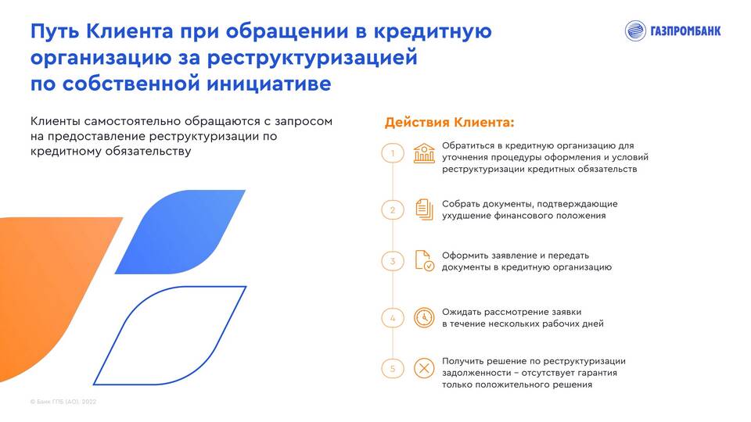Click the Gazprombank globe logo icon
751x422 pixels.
point(635,31)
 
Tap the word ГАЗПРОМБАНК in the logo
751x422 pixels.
point(685,31)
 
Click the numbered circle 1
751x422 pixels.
point(393,153)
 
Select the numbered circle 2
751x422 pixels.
point(393,209)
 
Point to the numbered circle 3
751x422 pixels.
point(393,261)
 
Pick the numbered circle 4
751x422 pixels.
point(393,318)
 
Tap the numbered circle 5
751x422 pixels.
point(393,368)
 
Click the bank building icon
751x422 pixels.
point(424,153)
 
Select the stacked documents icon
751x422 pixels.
point(424,209)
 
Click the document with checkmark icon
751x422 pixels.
point(424,261)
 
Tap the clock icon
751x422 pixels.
point(424,318)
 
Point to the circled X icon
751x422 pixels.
point(424,368)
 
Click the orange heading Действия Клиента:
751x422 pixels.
point(449,123)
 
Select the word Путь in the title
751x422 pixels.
point(55,31)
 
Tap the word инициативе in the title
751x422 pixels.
point(269,84)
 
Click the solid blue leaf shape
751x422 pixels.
point(180,232)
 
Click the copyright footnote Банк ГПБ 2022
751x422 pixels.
point(63,402)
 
